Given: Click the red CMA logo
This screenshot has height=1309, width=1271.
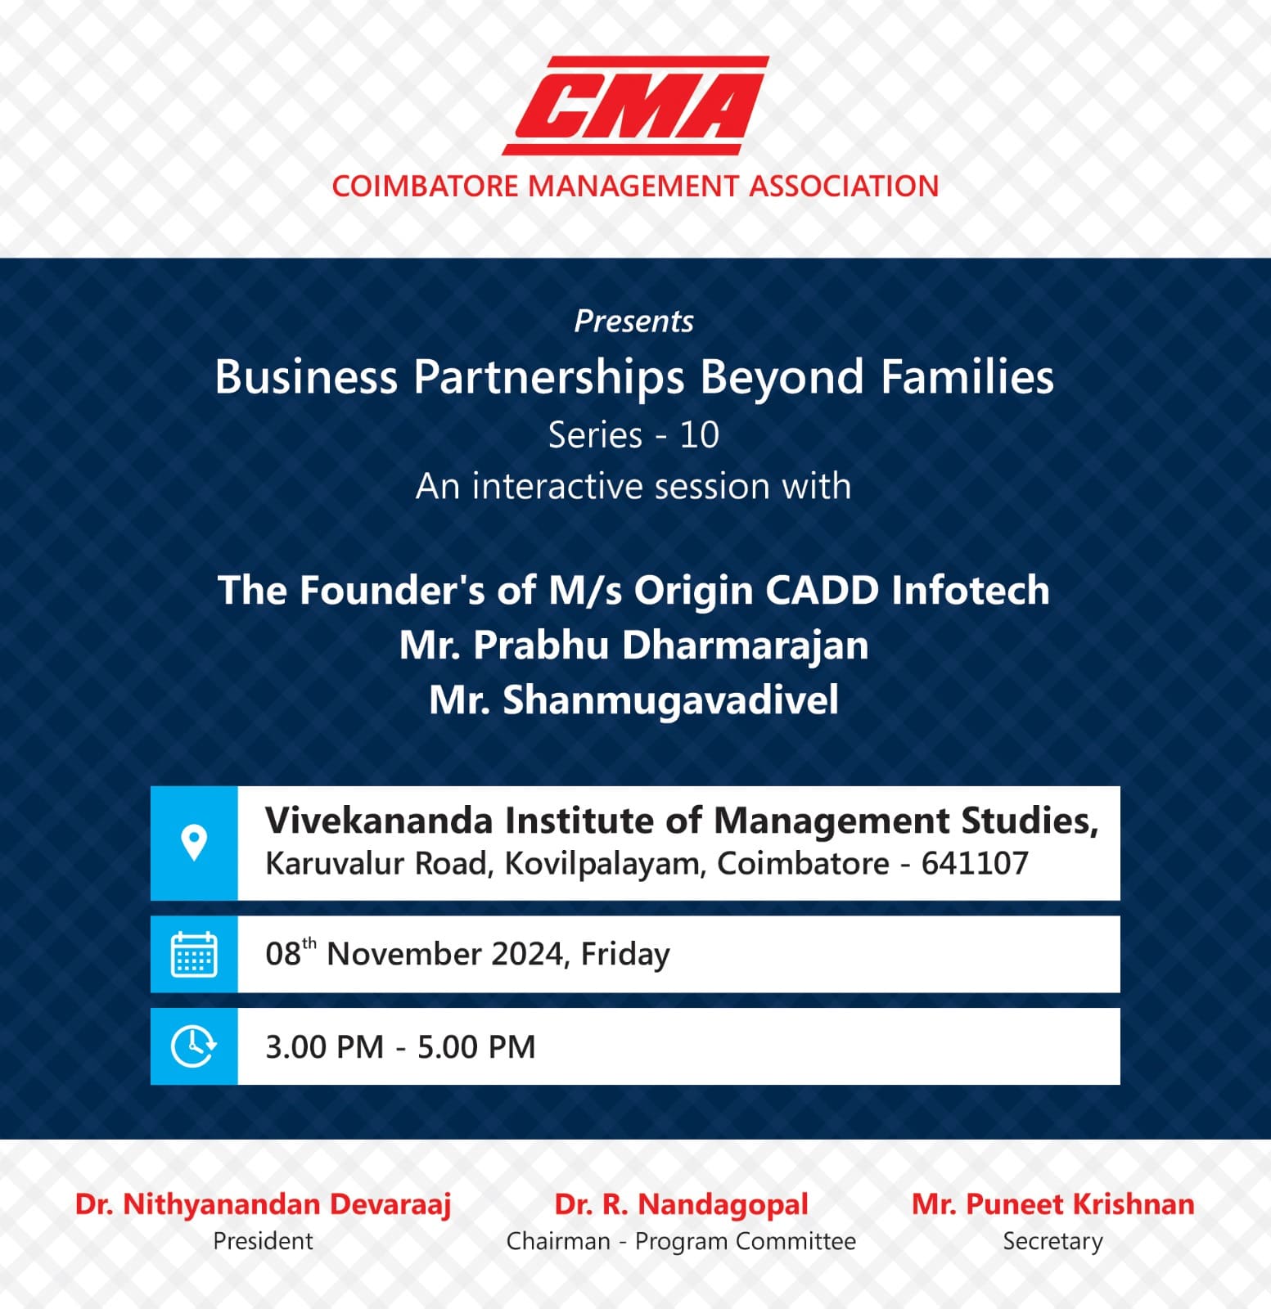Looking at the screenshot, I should (636, 106).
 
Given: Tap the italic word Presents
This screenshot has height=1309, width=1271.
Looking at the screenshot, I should (633, 322).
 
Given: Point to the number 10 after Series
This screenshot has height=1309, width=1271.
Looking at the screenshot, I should (699, 435).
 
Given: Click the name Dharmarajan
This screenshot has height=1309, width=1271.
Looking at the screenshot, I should (745, 646).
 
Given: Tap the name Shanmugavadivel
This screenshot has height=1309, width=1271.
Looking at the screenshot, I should (670, 700).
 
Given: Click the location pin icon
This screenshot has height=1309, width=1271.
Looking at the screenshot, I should (194, 843).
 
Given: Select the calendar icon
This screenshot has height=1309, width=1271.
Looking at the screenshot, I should (194, 954).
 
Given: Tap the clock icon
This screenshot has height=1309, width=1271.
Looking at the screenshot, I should (194, 1046).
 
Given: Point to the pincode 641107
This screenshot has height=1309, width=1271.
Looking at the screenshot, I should (975, 864).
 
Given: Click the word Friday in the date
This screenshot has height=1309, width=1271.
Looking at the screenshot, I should (625, 955).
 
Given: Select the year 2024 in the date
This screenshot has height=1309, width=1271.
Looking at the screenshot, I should (526, 955).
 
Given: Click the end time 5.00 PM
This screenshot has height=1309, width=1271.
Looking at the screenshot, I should (476, 1047).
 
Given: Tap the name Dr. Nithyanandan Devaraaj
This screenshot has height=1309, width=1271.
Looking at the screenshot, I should (263, 1204).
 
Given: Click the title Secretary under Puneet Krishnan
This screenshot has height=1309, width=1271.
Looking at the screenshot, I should (1052, 1242).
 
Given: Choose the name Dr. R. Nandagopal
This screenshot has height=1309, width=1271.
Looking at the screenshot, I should (681, 1204).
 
